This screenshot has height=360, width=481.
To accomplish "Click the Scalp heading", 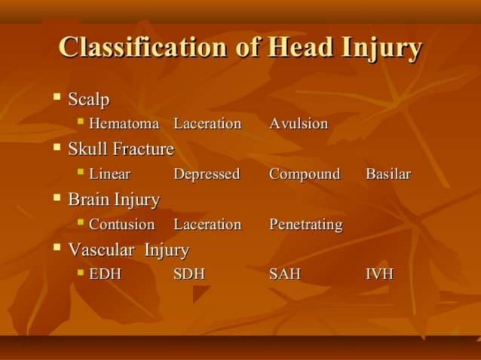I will tap(89, 99).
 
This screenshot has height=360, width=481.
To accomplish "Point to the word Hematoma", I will tap(124, 124).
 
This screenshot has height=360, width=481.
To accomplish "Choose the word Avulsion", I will tap(299, 124).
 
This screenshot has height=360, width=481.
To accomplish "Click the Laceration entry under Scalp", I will tap(207, 124).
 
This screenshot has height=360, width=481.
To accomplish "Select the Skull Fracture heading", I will tap(121, 149).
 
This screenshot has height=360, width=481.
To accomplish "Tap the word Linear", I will tap(109, 174).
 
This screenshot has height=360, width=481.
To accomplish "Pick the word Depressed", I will tap(207, 174).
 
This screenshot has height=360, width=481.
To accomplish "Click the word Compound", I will tap(305, 174).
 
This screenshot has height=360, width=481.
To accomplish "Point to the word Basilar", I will tap(388, 174).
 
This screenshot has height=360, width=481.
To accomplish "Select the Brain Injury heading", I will tap(114, 200).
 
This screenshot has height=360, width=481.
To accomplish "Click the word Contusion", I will tap(121, 224).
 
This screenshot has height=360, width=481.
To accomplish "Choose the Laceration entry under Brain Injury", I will tap(207, 224).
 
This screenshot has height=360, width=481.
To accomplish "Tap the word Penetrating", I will tap(305, 224).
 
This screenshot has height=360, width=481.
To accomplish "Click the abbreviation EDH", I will tap(105, 273).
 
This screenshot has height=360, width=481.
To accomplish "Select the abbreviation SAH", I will tap(285, 273).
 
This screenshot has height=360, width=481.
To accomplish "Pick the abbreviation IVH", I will tap(379, 273).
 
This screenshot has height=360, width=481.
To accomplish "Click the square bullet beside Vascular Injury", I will tap(57, 248).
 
